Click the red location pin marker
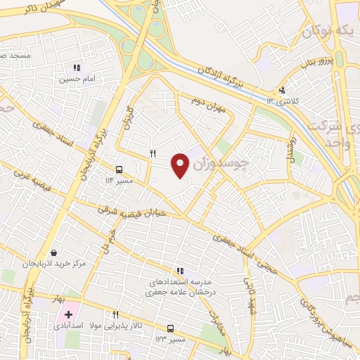(x=181, y=164)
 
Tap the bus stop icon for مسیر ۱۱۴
(x=119, y=169)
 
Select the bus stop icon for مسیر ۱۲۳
(x=170, y=328)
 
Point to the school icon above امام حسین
(x=77, y=68)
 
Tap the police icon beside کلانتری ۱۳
(x=282, y=90)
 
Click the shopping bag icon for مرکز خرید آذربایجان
(x=54, y=252)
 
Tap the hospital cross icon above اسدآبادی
(x=68, y=314)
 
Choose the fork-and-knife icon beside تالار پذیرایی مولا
(x=115, y=315)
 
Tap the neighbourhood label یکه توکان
(x=327, y=32)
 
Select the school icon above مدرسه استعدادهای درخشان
(x=180, y=270)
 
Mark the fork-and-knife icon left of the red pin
(x=153, y=153)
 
